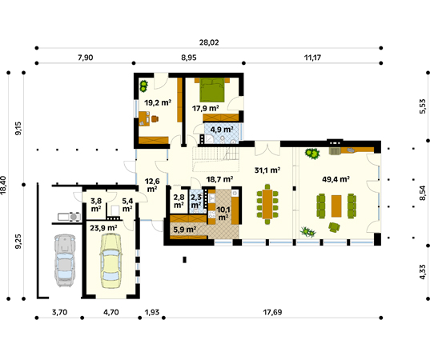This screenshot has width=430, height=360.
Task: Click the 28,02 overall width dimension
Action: pyautogui.click(x=209, y=42)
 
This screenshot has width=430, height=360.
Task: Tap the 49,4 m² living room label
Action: pyautogui.click(x=336, y=179)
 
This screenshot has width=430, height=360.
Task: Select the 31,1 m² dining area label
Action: pyautogui.click(x=267, y=170)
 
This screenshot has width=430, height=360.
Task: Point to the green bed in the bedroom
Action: pyautogui.click(x=212, y=90)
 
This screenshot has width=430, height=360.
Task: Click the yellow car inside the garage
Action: pyautogui.click(x=111, y=261)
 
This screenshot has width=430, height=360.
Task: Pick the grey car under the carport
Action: pyautogui.click(x=65, y=260)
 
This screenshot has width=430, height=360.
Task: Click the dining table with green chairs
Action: pyautogui.click(x=267, y=204)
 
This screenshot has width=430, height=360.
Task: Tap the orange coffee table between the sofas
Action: pyautogui.click(x=336, y=206)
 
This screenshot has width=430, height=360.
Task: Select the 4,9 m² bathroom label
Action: pyautogui.click(x=222, y=129)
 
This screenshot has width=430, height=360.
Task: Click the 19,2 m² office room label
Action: pyautogui.click(x=158, y=102)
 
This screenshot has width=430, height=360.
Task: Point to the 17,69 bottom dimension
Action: pyautogui.click(x=272, y=312)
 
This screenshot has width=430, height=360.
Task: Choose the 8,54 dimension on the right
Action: pyautogui.click(x=423, y=193)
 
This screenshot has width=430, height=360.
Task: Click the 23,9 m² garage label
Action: pyautogui.click(x=103, y=228)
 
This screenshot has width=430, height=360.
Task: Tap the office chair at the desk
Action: pyautogui.click(x=155, y=118)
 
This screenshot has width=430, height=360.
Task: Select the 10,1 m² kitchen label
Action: pyautogui.click(x=223, y=214)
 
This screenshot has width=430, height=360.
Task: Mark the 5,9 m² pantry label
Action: pyautogui.click(x=185, y=230)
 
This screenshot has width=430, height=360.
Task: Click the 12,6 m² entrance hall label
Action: pyautogui.click(x=152, y=185)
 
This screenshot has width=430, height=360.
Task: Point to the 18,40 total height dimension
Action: pyautogui.click(x=3, y=186)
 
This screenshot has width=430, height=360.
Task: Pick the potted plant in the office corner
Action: pyautogui.click(x=143, y=86)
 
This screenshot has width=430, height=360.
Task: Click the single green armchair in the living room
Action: pyautogui.click(x=334, y=227)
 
